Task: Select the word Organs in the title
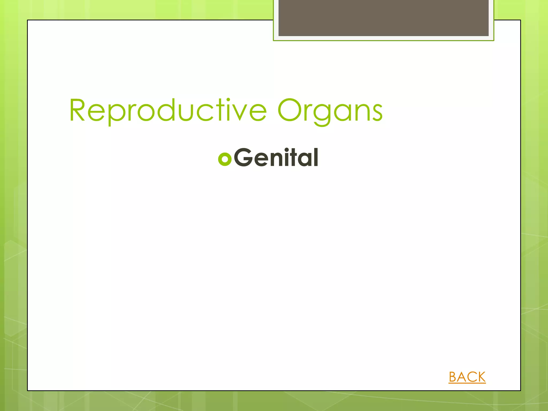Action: point(330,111)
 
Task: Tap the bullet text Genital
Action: point(276,158)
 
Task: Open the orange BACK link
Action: point(467,377)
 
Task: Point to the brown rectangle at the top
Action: point(383,18)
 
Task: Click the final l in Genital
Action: point(316,157)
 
